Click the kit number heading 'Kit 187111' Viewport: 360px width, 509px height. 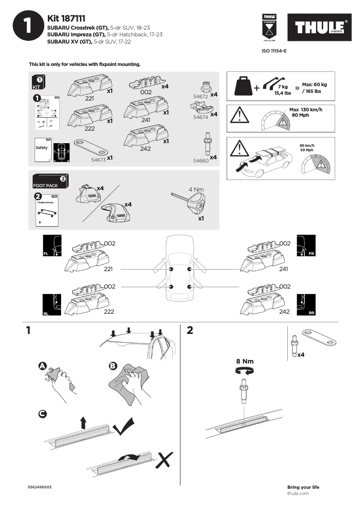tap(66, 18)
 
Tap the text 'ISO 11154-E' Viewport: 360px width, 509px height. tap(274, 51)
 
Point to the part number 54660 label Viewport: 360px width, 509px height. tap(201, 160)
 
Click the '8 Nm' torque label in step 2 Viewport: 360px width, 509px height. tap(245, 361)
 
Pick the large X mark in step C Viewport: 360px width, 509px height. tap(166, 460)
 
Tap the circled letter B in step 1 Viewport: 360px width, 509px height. tap(113, 367)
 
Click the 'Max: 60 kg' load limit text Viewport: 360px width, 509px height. tap(314, 84)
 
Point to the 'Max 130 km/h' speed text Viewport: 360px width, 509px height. tap(306, 110)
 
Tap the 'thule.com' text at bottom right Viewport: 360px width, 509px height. tap(298, 493)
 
